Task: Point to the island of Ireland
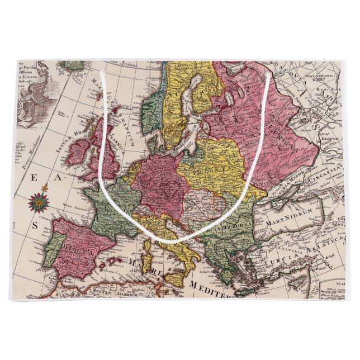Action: point(79,153)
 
